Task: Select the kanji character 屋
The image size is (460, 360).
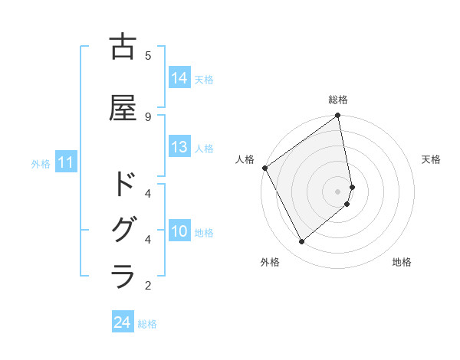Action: tap(123, 108)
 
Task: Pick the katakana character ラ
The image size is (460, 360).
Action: tap(123, 277)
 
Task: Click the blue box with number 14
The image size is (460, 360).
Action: tap(179, 78)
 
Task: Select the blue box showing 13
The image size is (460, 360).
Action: tap(179, 148)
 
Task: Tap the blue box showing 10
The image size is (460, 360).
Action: tap(179, 232)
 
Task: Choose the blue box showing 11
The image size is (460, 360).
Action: tap(65, 162)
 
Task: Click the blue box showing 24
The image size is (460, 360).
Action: tap(122, 322)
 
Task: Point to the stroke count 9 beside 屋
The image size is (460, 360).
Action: tap(147, 116)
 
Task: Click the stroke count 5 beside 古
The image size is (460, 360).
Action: tap(147, 55)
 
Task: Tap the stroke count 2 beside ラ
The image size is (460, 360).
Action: tap(147, 285)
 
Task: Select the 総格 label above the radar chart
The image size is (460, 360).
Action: tap(338, 100)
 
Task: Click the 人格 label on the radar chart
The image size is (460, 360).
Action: tap(245, 159)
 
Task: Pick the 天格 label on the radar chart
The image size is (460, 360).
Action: tap(431, 159)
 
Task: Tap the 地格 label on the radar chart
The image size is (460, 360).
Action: tap(402, 262)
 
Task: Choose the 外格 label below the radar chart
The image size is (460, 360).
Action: tap(270, 262)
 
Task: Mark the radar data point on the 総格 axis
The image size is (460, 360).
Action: tap(338, 116)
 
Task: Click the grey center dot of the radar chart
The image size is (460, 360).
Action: tap(338, 191)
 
